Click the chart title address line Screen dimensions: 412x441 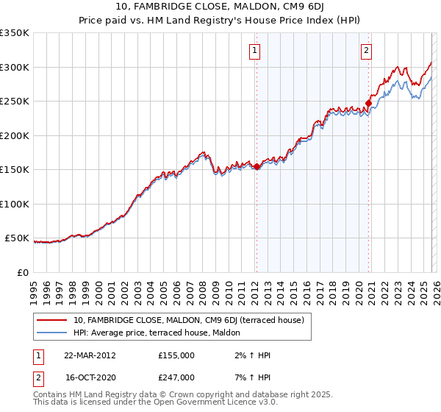pyautogui.click(x=220, y=7)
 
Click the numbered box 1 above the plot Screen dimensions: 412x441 pyautogui.click(x=254, y=51)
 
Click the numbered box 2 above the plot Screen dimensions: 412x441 pyautogui.click(x=366, y=51)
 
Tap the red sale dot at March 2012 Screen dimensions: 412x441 pyautogui.click(x=257, y=167)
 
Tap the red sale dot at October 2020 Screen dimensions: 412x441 pyautogui.click(x=368, y=104)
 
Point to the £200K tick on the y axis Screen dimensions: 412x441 pyautogui.click(x=15, y=135)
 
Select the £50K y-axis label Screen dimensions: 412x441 pyautogui.click(x=18, y=238)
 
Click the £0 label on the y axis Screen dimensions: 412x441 pyautogui.click(x=24, y=273)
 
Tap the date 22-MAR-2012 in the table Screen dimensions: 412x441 pyautogui.click(x=90, y=355)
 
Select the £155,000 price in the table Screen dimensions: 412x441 pyautogui.click(x=176, y=355)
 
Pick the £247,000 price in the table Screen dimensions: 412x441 pyautogui.click(x=176, y=377)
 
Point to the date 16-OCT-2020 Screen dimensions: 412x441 pyautogui.click(x=90, y=377)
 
